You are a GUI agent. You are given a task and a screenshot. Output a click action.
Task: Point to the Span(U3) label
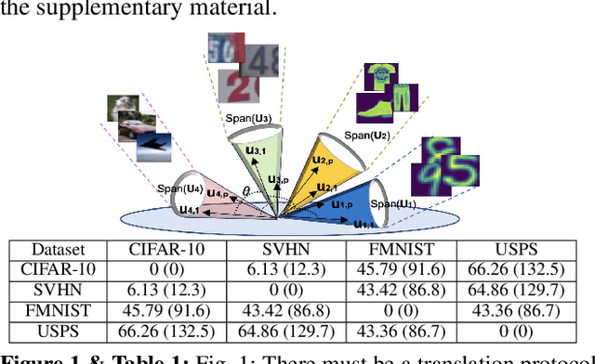[248, 119]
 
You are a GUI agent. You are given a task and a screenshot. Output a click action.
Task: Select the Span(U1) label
[390, 203]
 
